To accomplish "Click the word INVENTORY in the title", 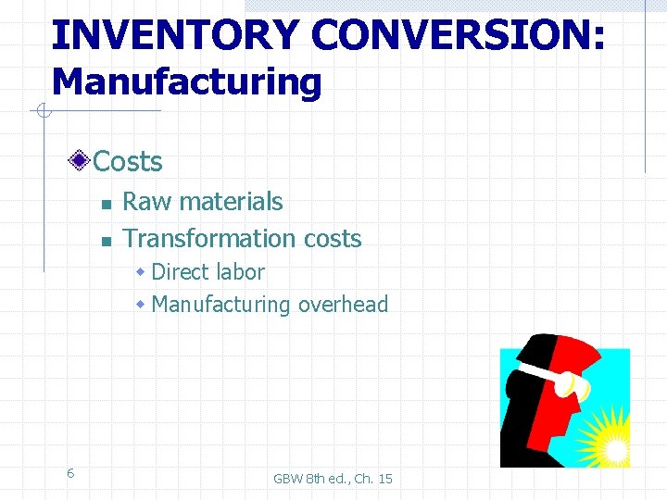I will click(x=175, y=34).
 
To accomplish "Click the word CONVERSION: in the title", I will click(x=459, y=34).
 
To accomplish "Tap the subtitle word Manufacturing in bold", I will click(x=186, y=82).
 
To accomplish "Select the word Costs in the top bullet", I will click(x=128, y=162).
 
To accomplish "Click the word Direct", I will click(x=182, y=272).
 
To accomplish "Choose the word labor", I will click(x=241, y=272).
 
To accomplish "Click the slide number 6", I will click(x=70, y=473).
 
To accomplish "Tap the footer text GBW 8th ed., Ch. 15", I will click(x=333, y=479).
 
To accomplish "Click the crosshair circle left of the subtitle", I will click(x=42, y=112).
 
